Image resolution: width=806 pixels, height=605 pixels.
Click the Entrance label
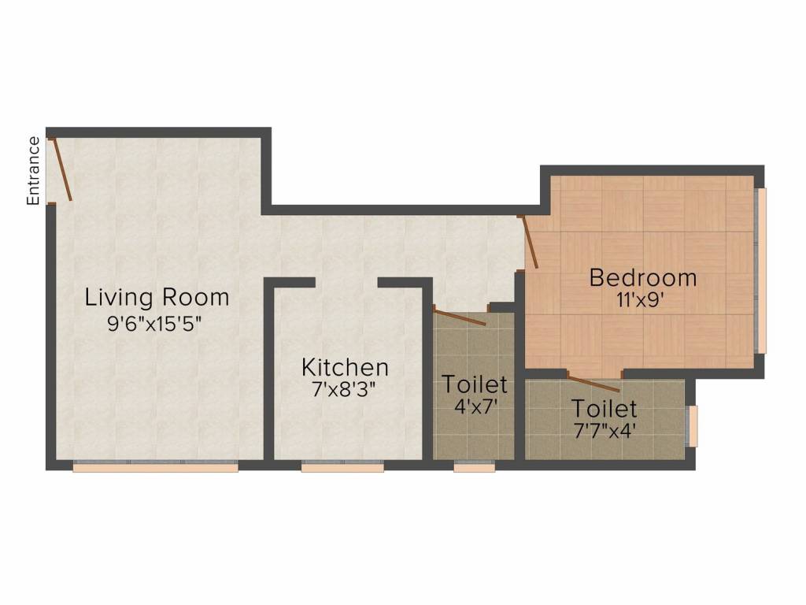(x=33, y=171)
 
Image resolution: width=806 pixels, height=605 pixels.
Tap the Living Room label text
(x=157, y=297)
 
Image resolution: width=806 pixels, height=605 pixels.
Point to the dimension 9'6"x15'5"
(x=154, y=324)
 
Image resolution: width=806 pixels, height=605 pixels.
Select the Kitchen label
(x=345, y=367)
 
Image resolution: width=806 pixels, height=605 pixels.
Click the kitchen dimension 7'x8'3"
(x=344, y=389)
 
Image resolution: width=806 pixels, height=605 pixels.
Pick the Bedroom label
(x=643, y=278)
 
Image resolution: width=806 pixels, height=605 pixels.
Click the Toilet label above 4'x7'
(x=475, y=384)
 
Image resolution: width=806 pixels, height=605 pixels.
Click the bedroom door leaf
(x=530, y=242)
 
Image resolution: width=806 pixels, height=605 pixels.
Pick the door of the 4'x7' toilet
(x=460, y=317)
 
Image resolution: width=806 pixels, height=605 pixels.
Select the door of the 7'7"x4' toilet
(x=593, y=384)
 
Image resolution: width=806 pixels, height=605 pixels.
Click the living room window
(x=155, y=467)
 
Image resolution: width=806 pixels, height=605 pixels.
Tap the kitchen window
(x=342, y=467)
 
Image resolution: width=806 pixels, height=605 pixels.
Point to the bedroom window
(x=761, y=271)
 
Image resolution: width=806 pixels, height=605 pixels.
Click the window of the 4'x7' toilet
(x=475, y=467)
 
